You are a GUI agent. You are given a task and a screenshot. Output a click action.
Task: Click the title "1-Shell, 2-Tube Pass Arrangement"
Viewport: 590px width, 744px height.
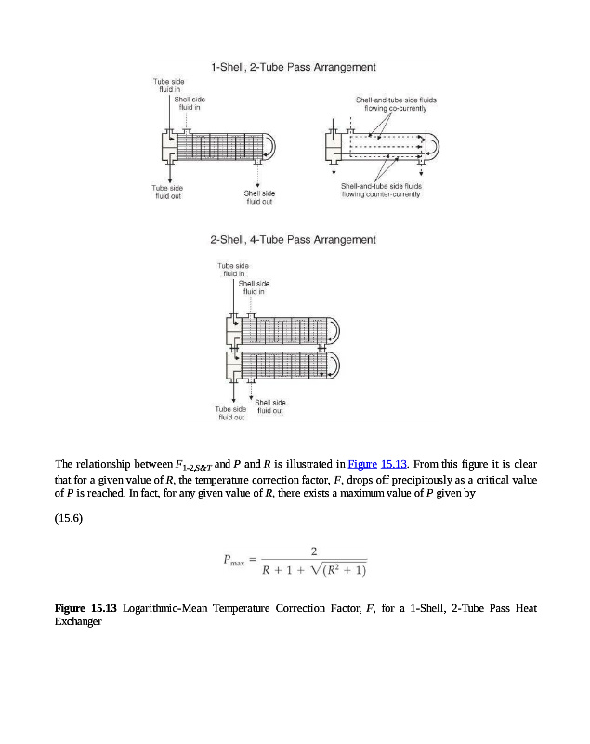pos(293,67)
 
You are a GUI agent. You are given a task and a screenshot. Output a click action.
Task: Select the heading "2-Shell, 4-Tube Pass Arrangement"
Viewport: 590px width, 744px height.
pos(293,240)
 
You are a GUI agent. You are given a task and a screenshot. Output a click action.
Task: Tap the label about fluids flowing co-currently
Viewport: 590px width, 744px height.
pos(396,103)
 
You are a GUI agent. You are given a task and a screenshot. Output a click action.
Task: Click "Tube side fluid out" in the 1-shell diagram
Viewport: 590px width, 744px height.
pos(168,192)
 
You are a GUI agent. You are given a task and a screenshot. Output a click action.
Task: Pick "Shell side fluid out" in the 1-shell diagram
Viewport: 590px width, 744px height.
pos(259,196)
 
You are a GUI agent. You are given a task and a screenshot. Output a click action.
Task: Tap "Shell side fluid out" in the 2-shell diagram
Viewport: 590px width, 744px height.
pos(270,405)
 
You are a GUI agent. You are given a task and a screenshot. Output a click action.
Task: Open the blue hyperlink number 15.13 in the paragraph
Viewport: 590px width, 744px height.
pos(395,464)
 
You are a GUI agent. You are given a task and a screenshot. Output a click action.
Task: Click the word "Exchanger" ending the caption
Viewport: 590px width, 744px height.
pos(78,621)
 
